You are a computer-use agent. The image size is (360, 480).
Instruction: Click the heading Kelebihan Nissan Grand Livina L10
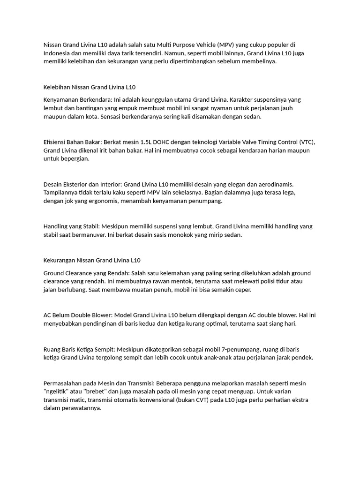pos(90,87)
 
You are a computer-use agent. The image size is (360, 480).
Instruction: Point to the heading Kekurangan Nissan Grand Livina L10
pos(92,260)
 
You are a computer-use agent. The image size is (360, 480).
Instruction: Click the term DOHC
pos(167,142)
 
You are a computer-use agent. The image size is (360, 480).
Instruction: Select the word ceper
pos(243,290)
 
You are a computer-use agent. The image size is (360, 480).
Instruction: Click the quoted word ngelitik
pos(57,391)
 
